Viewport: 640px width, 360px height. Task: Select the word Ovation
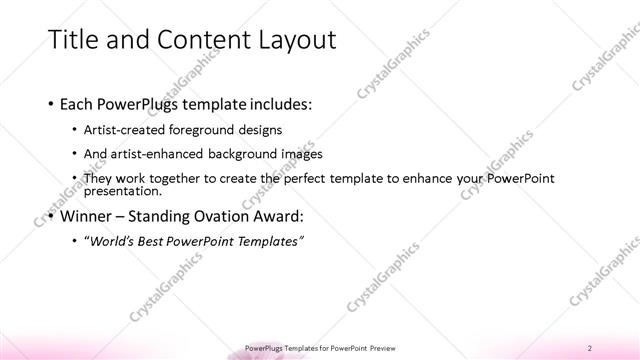227,216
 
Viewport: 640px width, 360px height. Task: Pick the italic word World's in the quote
111,241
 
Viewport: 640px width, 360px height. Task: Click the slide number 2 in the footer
590,347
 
